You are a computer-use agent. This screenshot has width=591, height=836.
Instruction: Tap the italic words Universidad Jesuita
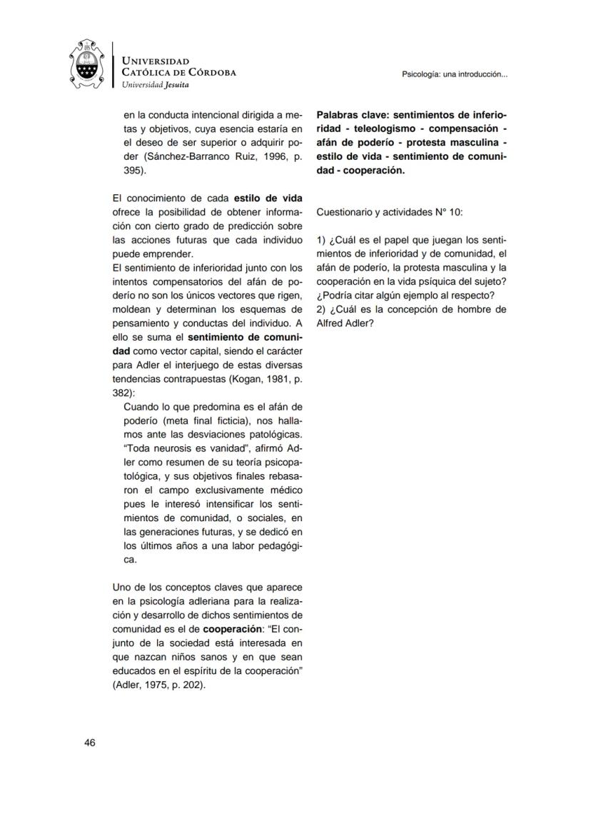(156, 84)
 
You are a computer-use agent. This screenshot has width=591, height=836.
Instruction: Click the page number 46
(90, 743)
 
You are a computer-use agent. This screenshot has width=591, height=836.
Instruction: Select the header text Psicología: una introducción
(455, 74)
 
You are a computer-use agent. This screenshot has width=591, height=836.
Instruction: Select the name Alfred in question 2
(330, 323)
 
